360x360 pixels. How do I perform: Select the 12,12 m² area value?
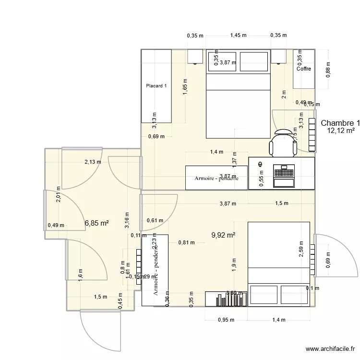pos(340,131)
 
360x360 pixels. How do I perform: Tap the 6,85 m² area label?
pos(96,223)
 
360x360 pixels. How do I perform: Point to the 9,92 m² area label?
pos(223,235)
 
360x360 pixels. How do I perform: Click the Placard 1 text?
pos(156,86)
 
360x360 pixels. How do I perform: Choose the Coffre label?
pos(303,69)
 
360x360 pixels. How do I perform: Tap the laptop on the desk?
pos(283,175)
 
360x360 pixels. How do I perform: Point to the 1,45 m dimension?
pos(238,35)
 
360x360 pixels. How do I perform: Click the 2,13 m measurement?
pos(93,162)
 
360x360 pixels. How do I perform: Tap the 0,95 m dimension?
pos(226,320)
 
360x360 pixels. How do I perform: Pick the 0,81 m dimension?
pos(186,242)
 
